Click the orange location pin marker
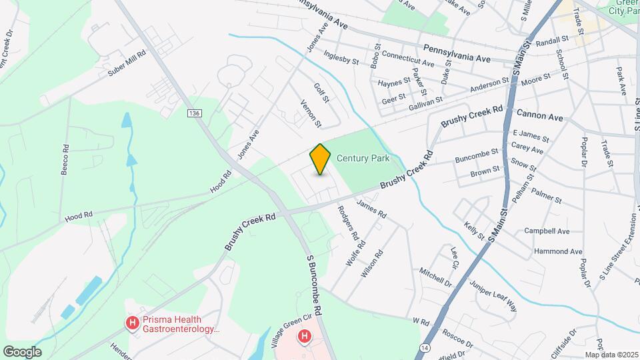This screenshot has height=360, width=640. tap(321, 159)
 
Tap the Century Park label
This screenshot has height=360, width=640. tap(363, 158)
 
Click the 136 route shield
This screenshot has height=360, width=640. tap(194, 114)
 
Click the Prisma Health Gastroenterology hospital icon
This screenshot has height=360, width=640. tap(133, 323)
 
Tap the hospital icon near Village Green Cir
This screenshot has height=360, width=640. tap(305, 336)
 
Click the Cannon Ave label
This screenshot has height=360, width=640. tap(540, 117)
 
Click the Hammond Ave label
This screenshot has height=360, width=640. tap(558, 252)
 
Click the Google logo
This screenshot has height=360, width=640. tap(22, 351)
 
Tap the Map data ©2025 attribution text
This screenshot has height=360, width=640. tap(611, 355)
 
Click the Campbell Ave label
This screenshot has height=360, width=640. tap(547, 231)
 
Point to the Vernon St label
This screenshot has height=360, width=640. tap(311, 115)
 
